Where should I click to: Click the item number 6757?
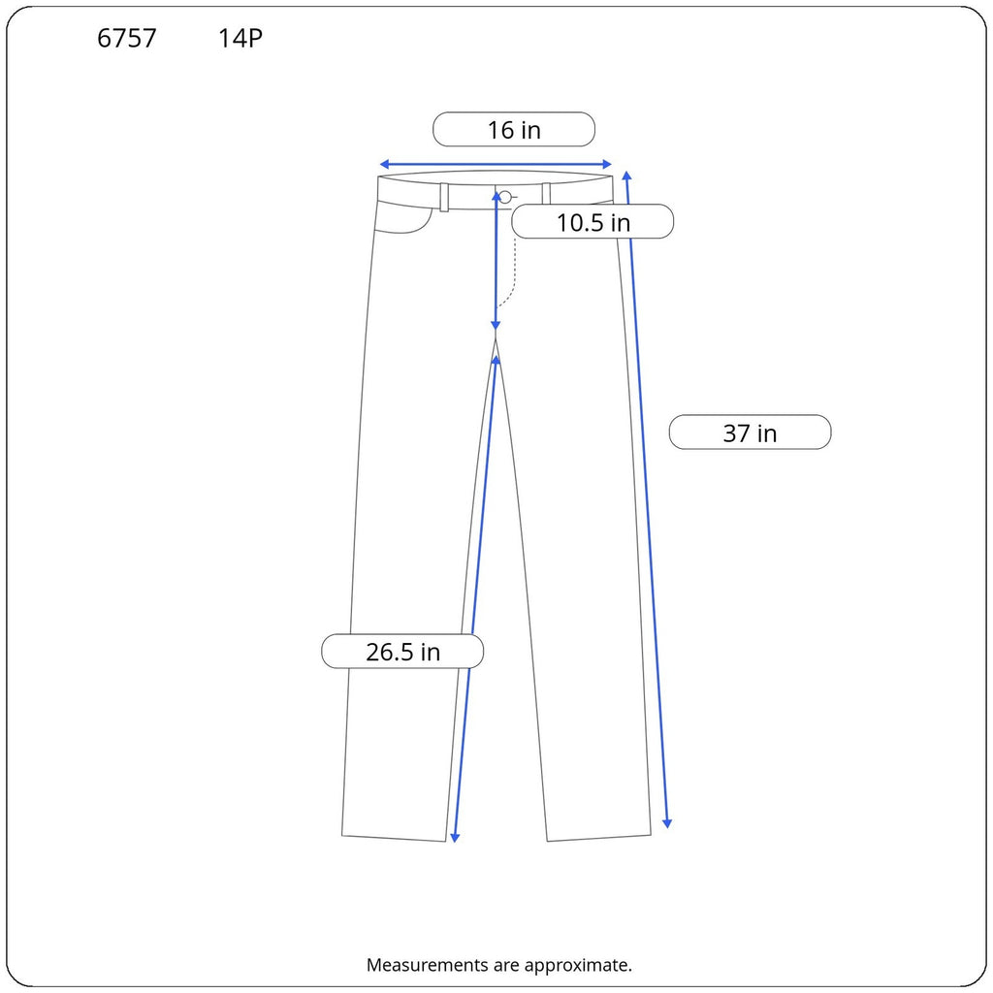[127, 38]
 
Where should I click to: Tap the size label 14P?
[240, 38]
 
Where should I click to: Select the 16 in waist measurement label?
[514, 129]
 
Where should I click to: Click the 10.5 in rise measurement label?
[593, 222]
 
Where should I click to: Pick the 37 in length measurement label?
[750, 432]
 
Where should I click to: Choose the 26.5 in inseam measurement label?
[402, 651]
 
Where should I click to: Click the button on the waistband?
[504, 197]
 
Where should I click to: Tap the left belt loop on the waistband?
[444, 197]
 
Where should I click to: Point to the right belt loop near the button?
[546, 194]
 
